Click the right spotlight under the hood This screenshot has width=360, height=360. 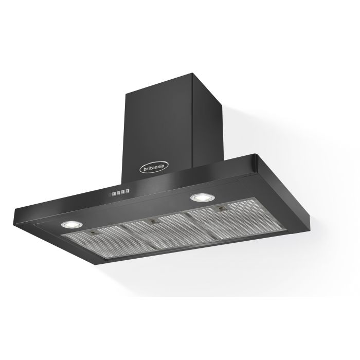[198, 197]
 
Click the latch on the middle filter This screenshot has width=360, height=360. [153, 222]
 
